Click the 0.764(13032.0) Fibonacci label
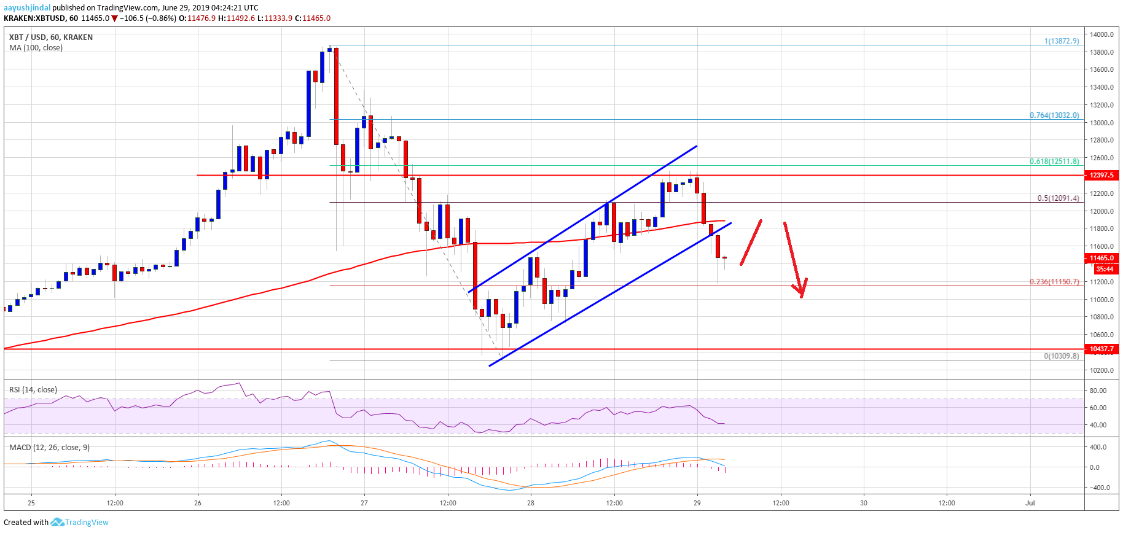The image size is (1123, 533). (x=1054, y=115)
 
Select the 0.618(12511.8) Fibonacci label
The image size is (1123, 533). (x=1054, y=161)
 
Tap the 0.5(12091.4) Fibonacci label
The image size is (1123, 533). (x=1058, y=198)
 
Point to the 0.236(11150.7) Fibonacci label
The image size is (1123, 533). (x=1054, y=282)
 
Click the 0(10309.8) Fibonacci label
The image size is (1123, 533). (x=1061, y=356)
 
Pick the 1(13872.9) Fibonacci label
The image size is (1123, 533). (x=1062, y=41)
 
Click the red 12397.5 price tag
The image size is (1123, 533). (x=1101, y=176)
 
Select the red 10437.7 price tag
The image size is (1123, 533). (x=1101, y=349)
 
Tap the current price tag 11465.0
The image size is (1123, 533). (x=1101, y=259)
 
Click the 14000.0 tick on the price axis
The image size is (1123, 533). (x=1101, y=34)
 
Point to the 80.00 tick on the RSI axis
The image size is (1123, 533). (x=1098, y=391)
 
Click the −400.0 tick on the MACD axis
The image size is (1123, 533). (x=1099, y=488)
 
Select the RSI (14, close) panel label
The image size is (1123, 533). (x=33, y=390)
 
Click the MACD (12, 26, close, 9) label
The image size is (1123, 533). (x=49, y=448)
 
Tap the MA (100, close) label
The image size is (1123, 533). (x=36, y=48)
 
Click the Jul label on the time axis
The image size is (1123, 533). (x=1030, y=503)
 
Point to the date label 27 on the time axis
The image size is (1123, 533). (x=364, y=503)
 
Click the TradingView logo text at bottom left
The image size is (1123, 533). (x=87, y=523)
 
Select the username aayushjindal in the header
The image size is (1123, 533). (x=27, y=8)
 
